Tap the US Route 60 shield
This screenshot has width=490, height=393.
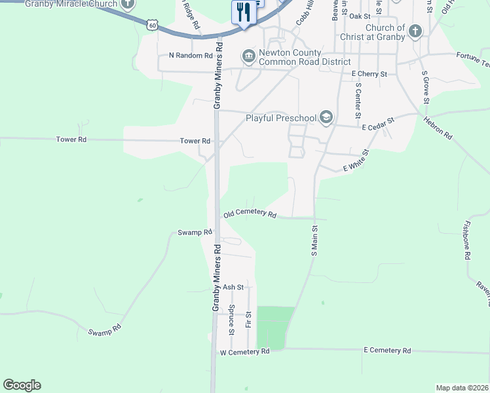153,24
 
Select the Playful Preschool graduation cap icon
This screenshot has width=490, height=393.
326,118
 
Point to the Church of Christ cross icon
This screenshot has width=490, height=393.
415,31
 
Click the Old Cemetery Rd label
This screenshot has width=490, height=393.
250,214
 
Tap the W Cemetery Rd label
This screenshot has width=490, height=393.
244,352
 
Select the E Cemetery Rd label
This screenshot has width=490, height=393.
387,350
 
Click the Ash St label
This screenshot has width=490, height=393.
233,287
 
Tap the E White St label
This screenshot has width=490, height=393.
356,160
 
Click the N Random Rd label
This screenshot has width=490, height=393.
191,56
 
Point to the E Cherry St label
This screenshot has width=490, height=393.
369,74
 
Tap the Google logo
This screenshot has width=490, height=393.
22,385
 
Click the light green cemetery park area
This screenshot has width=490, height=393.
275,326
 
